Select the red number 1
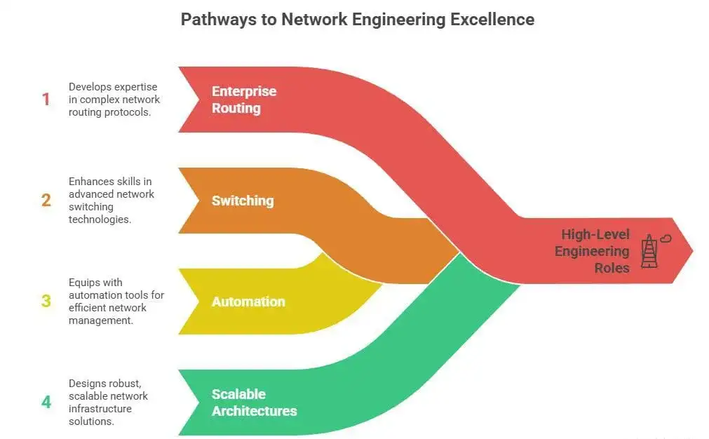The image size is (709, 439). [46, 100]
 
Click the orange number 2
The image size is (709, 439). [46, 201]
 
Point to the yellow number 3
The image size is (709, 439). [46, 302]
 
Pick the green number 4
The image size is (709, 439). [46, 403]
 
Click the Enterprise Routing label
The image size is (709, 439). [244, 100]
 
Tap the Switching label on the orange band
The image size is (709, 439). [243, 201]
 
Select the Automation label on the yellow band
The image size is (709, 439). [248, 302]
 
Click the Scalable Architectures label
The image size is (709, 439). [254, 403]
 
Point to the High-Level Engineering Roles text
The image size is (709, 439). [592, 250]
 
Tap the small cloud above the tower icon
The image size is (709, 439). [666, 239]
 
